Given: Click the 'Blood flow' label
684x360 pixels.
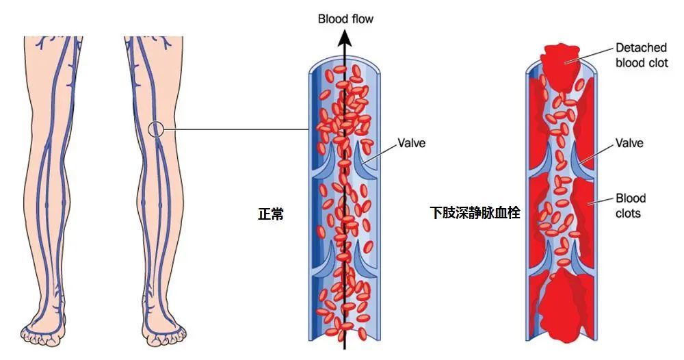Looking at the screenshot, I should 345,18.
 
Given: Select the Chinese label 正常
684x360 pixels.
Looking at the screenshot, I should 270,214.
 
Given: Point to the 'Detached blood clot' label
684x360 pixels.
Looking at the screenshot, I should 642,55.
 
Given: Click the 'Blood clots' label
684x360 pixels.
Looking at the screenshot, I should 630,205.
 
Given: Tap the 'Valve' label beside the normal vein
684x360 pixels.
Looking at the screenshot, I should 412,144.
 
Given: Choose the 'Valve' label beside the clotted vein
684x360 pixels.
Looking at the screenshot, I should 629,144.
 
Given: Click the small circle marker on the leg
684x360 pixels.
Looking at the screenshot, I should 157,129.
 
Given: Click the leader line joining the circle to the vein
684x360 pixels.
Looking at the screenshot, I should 233,129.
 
